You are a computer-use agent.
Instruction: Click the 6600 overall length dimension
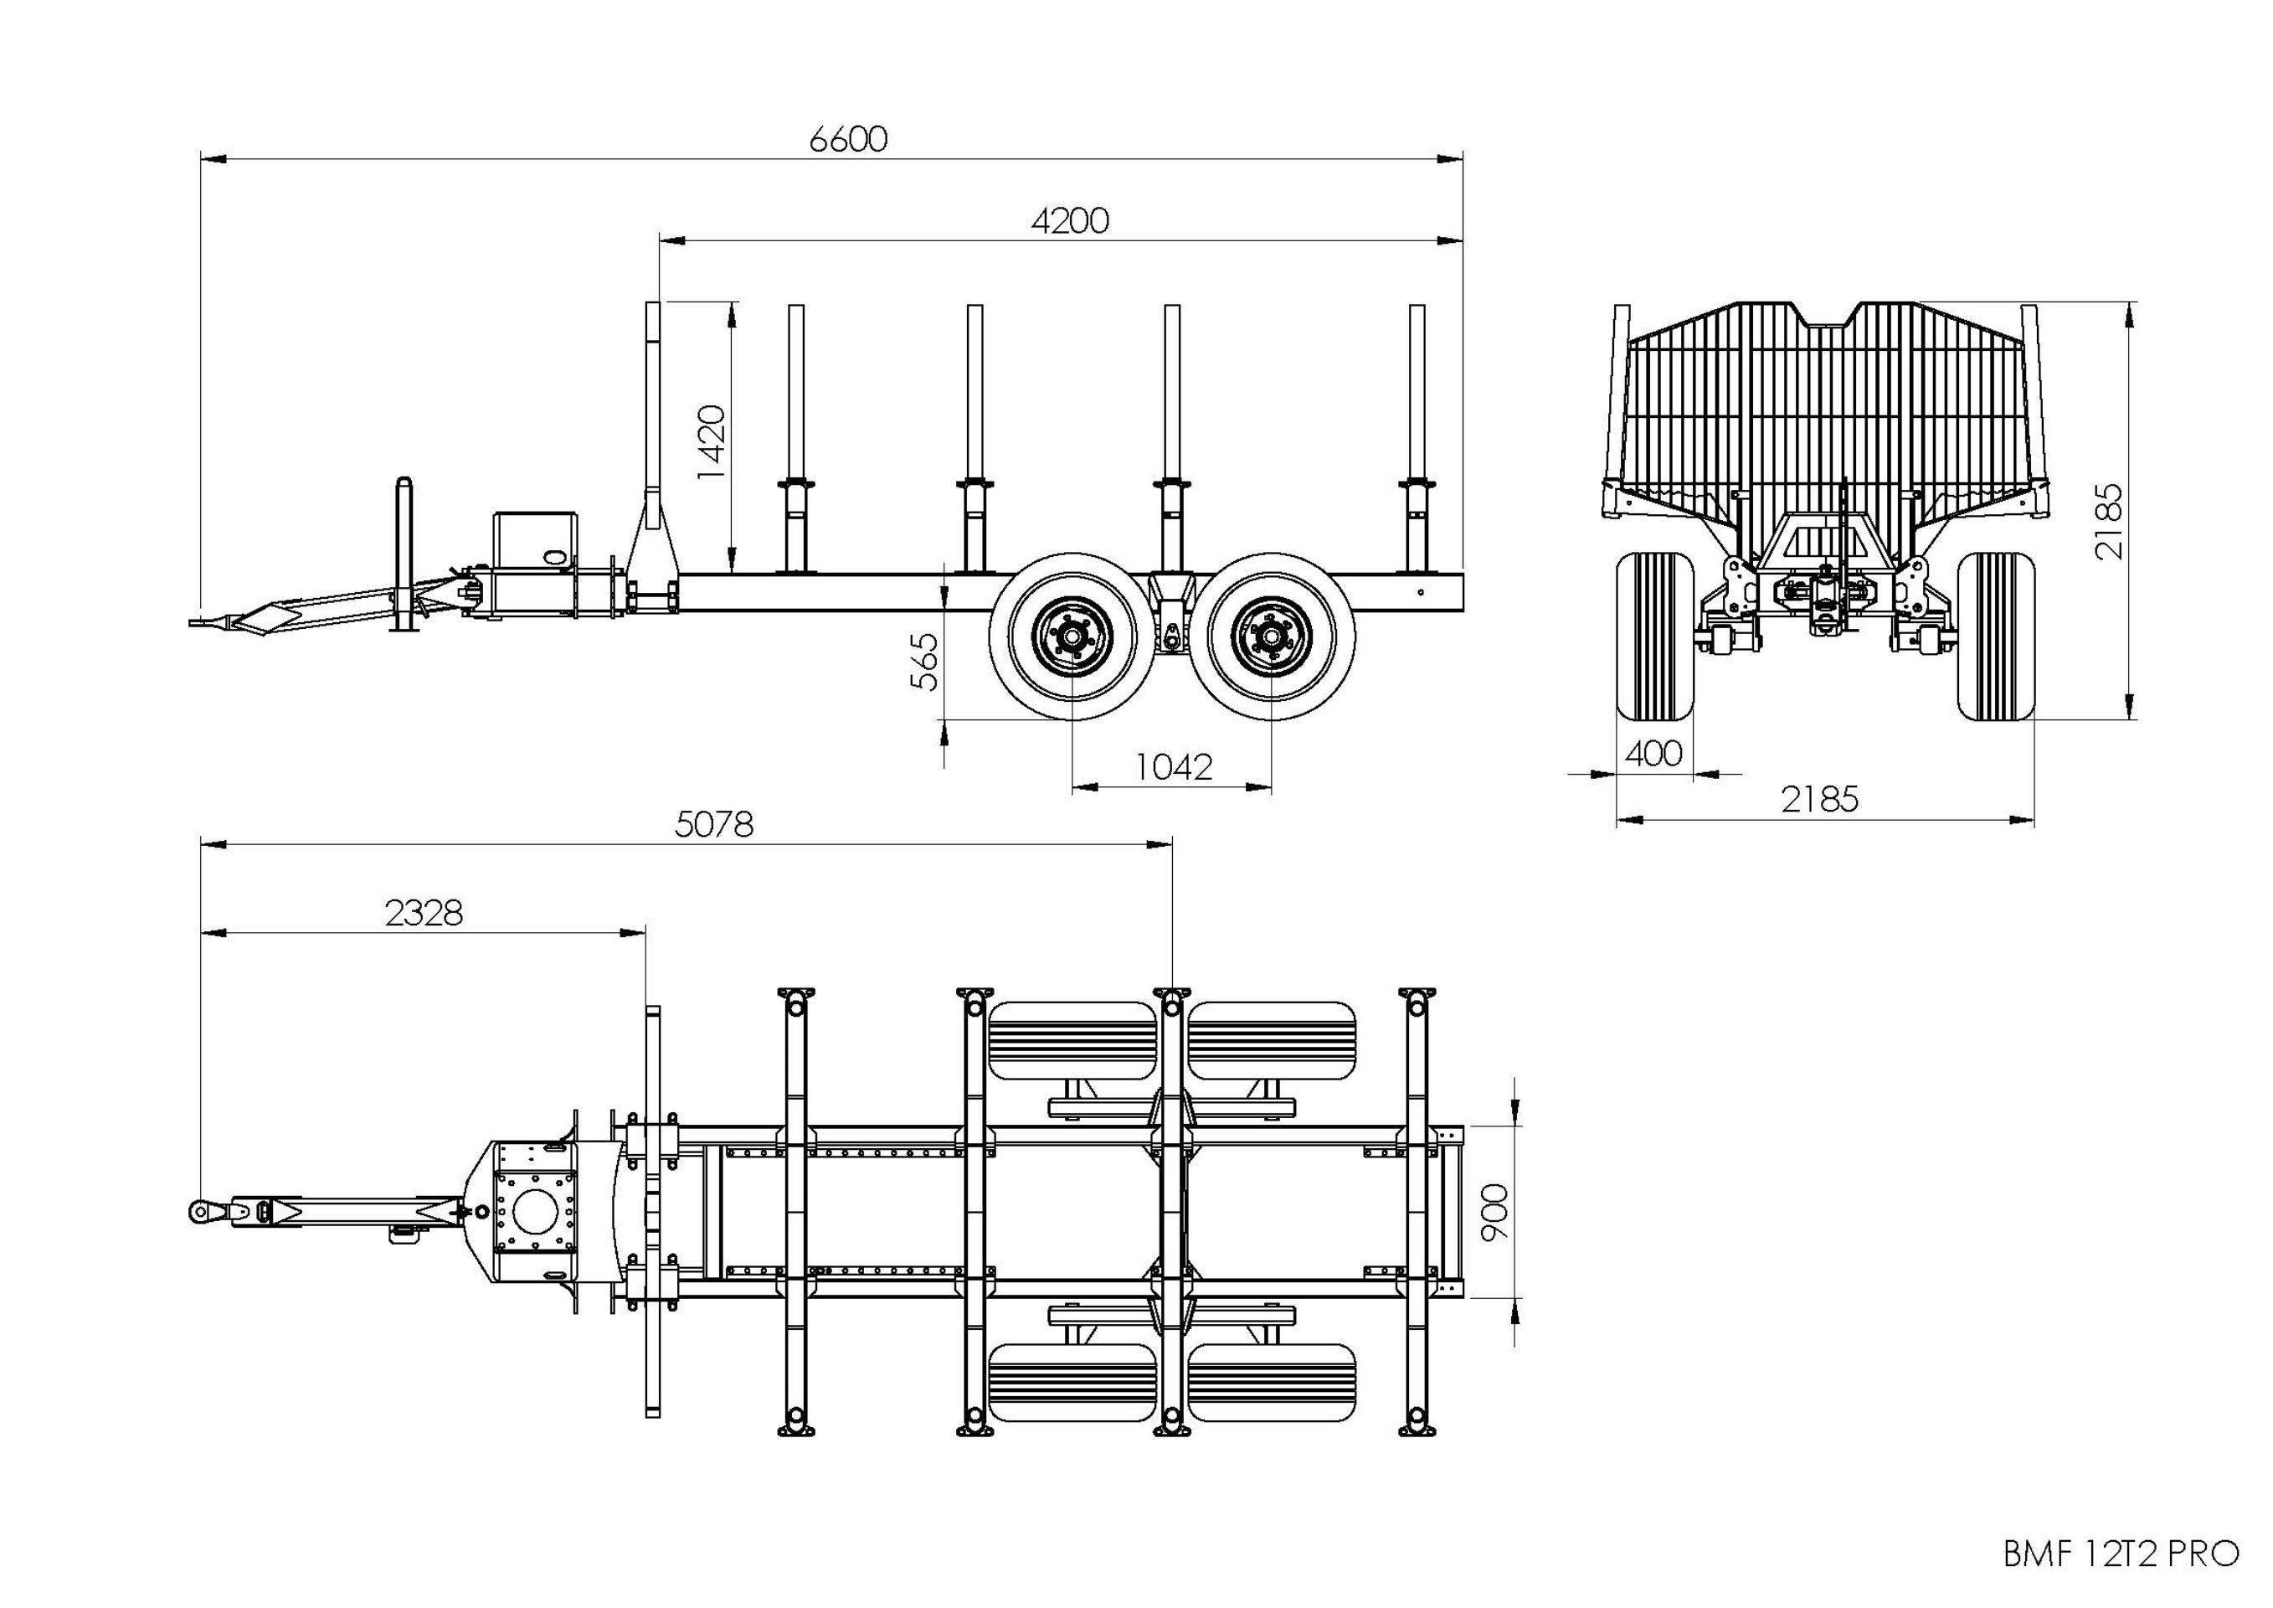[847, 140]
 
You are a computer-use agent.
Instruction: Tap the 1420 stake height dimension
[712, 441]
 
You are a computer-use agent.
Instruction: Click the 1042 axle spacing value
[1173, 766]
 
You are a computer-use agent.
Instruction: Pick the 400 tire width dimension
[1653, 754]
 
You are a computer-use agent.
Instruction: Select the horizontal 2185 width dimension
[1819, 799]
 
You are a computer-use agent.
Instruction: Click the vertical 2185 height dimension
[2110, 521]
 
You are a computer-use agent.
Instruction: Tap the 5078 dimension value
[714, 824]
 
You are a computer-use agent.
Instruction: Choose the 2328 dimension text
[424, 913]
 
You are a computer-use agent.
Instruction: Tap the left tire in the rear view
[1653, 636]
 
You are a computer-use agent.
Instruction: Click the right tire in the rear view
[1996, 636]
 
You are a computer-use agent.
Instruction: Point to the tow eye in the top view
[200, 1210]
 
